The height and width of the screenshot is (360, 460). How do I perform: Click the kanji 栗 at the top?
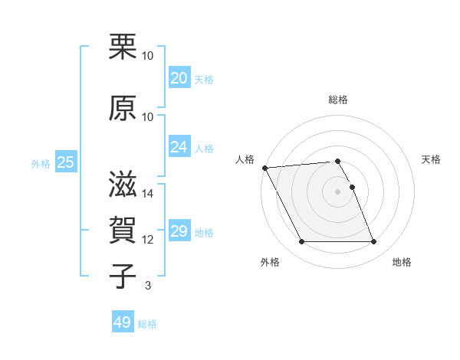pos(123,48)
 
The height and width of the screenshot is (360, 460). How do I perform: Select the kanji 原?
pos(123,109)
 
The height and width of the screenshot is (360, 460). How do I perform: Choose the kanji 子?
pos(123,277)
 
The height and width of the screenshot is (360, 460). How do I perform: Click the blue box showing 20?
pos(179,78)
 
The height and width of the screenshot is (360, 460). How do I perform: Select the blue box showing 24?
pos(179,147)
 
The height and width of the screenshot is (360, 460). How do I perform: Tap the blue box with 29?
pos(179,231)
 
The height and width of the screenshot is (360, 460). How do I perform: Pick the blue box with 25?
pos(65,162)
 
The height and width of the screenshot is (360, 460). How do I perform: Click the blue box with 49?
pos(123,323)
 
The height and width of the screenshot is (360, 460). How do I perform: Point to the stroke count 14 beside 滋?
pos(148,194)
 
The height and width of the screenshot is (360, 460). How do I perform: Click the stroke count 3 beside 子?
pos(147,286)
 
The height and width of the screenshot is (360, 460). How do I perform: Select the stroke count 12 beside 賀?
pos(148,240)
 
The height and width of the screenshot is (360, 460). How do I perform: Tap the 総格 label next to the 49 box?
pos(147,324)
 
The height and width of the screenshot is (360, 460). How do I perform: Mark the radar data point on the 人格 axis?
pos(264,168)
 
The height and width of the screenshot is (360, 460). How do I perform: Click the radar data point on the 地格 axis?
pos(374,242)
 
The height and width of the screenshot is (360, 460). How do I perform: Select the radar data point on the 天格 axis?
pos(352,187)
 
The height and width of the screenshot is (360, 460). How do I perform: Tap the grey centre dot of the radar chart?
pos(337,191)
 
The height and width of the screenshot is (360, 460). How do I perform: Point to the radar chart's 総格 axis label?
pos(337,100)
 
